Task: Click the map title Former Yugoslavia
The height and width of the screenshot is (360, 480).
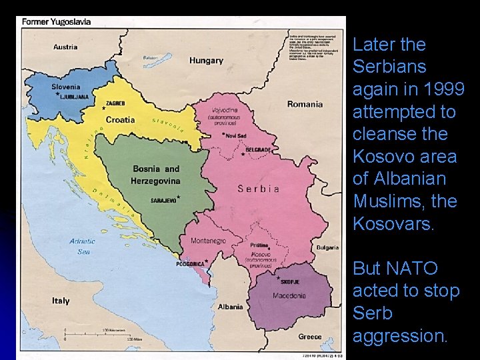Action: (57, 21)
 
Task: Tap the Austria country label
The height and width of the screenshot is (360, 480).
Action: (65, 47)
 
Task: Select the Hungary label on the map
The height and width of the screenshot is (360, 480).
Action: (206, 61)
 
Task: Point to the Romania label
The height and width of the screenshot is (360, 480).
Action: (305, 104)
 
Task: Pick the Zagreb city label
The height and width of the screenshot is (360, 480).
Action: (115, 104)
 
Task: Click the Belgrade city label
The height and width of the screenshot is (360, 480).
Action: (258, 150)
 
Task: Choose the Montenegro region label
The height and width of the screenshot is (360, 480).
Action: (209, 241)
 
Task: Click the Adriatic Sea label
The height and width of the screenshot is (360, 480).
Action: (84, 246)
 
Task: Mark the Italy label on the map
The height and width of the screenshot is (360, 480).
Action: (61, 301)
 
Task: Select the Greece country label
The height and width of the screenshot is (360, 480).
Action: (309, 337)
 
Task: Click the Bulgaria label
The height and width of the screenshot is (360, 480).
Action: (327, 247)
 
